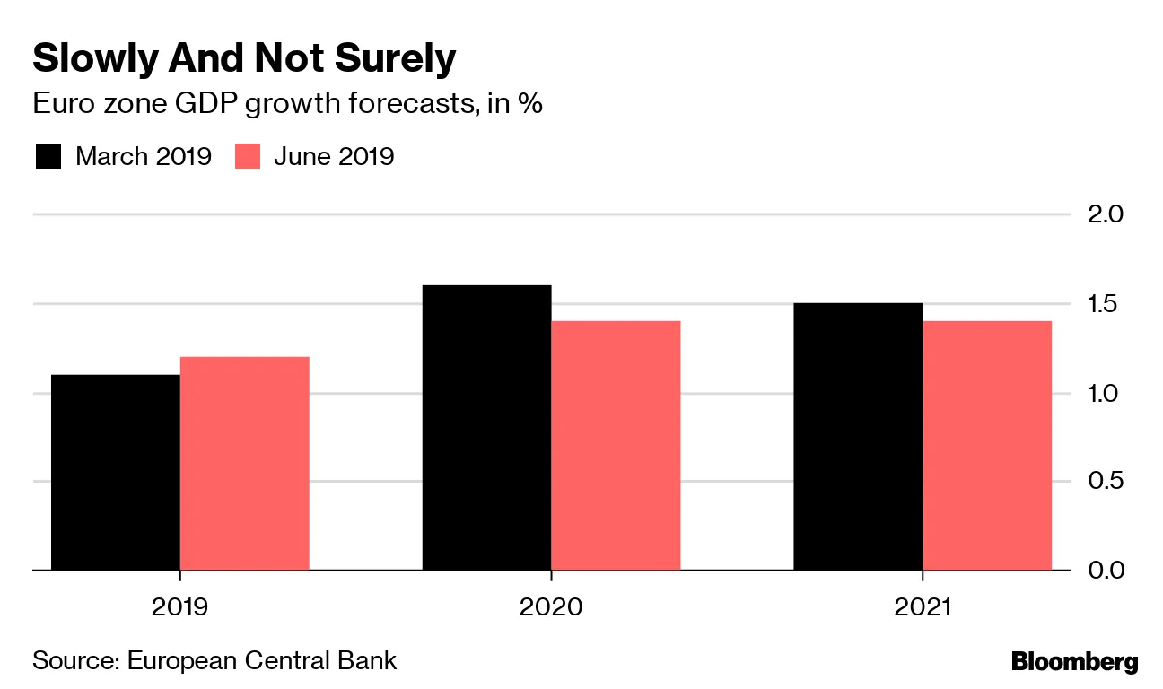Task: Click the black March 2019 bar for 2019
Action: coord(116,472)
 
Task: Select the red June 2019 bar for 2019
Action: coord(245,463)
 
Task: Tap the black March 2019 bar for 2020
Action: coord(486,427)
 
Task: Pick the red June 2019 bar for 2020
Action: coord(616,445)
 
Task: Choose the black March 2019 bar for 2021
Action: coord(858,436)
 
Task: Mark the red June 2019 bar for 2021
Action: coord(987,445)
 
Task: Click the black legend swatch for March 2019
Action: coord(48,156)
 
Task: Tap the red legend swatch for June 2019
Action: coord(247,156)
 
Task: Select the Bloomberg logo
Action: coord(1074,662)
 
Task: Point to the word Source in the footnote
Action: coord(72,661)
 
